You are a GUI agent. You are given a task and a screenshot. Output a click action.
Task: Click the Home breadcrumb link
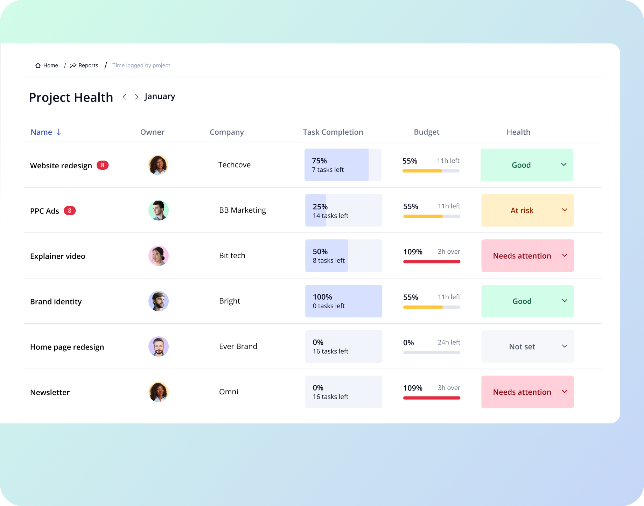coord(47,65)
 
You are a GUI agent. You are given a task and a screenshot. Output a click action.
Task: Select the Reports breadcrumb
coord(84,65)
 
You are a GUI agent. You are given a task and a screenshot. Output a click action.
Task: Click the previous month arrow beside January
coord(124,97)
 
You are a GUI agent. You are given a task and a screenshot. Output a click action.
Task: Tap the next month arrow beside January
coord(136,97)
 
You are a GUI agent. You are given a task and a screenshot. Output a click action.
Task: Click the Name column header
coord(42,132)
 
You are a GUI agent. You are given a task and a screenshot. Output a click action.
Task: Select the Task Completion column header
coord(333,132)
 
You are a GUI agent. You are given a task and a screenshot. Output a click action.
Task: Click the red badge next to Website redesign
coord(103,165)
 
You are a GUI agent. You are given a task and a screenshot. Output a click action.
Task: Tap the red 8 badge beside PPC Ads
coord(70,211)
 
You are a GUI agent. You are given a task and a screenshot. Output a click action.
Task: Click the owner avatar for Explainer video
coord(159,256)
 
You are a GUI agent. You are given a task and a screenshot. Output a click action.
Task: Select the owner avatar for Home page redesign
coord(159,346)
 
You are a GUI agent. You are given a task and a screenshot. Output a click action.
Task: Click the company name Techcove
coord(234,165)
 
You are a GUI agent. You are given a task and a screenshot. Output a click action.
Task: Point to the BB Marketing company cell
coord(243,210)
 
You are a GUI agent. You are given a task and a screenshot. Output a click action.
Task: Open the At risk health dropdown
coord(527,210)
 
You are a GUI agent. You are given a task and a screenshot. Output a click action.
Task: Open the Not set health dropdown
coord(527,346)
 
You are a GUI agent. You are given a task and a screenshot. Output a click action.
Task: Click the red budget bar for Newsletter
coord(432,398)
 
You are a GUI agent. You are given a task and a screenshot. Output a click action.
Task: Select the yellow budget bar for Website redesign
coord(422,171)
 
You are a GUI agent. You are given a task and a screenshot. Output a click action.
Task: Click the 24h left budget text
coord(449,342)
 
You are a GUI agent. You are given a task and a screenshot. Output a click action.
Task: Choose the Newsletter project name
coord(50,392)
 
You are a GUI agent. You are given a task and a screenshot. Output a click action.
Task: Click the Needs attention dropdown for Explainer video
coord(527,256)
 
